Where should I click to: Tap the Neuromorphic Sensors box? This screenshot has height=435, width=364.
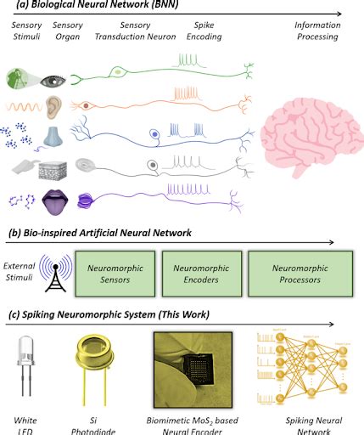click(x=115, y=272)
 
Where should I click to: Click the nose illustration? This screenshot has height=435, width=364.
click(x=53, y=135)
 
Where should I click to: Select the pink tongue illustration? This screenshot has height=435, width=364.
click(x=53, y=203)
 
